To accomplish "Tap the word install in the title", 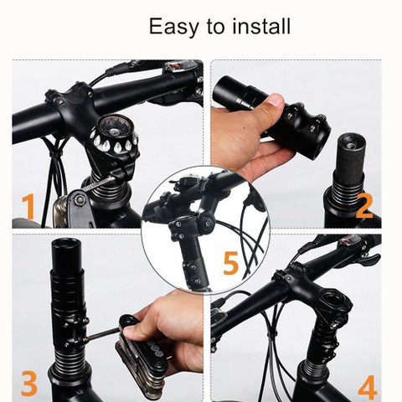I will tap(258, 26).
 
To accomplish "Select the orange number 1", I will tap(28, 206).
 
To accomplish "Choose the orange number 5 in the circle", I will tap(230, 264).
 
